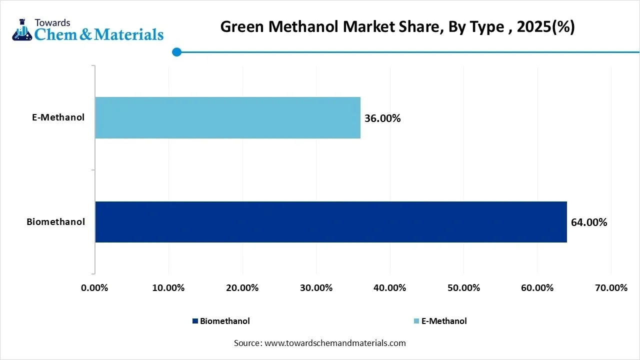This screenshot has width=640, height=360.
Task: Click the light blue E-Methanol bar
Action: (x=227, y=117)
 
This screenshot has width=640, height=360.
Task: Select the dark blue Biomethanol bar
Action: (x=330, y=222)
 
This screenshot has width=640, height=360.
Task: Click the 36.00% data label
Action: (x=382, y=118)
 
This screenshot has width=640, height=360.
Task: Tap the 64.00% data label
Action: (x=589, y=222)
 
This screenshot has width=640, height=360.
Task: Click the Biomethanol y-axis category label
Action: (x=55, y=221)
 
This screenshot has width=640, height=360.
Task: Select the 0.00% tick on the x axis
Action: (x=94, y=288)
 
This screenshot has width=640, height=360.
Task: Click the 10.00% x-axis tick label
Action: (x=168, y=288)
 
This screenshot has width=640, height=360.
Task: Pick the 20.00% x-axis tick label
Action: (x=242, y=288)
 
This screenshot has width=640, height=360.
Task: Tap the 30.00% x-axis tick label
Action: (x=316, y=288)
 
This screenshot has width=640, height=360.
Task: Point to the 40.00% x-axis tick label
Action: (x=389, y=288)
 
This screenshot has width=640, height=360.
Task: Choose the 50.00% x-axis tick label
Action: (x=463, y=288)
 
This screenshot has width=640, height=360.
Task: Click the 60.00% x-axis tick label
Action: (x=537, y=288)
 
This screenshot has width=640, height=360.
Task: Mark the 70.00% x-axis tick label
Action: (x=611, y=288)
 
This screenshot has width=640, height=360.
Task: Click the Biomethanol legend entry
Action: (x=221, y=321)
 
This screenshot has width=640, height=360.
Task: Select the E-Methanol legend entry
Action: (x=440, y=321)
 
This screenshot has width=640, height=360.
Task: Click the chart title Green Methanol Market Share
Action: (x=397, y=27)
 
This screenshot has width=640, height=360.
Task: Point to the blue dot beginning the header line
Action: (x=176, y=52)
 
